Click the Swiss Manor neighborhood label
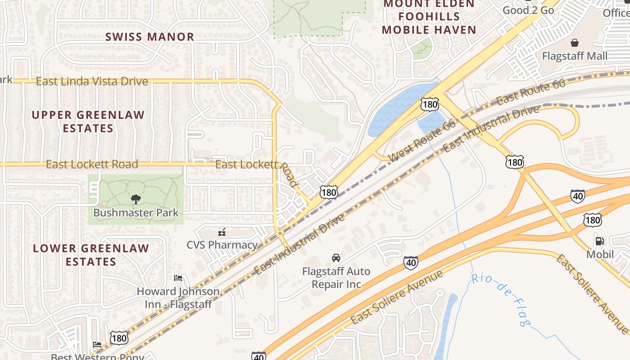click(x=150, y=37)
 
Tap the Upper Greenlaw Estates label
click(x=88, y=121)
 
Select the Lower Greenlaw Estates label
click(x=91, y=255)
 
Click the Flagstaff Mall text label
click(x=575, y=56)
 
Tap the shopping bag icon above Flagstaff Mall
click(x=575, y=43)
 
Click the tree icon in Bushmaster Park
click(x=135, y=199)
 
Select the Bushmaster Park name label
click(x=136, y=213)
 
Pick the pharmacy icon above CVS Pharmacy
click(x=221, y=232)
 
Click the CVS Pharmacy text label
click(x=222, y=245)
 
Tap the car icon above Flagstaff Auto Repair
click(x=336, y=258)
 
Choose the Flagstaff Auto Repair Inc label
click(x=336, y=278)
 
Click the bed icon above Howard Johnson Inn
click(x=178, y=278)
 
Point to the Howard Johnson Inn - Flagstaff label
click(x=178, y=297)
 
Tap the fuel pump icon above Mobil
click(x=599, y=241)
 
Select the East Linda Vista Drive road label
click(x=92, y=81)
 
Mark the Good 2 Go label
click(x=528, y=10)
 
